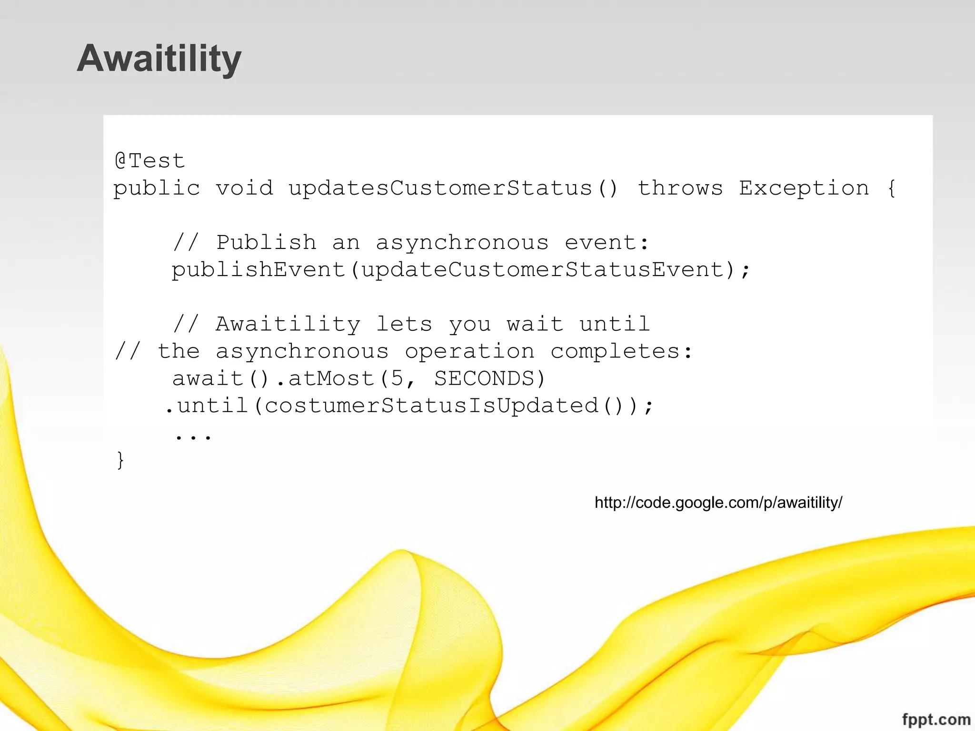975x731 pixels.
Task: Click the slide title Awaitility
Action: tap(159, 59)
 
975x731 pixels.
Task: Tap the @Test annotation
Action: tap(149, 161)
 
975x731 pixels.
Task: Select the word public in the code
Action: tap(157, 188)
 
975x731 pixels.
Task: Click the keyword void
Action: tap(244, 188)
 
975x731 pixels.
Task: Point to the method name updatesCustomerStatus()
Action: tap(452, 188)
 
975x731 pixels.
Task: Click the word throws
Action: tap(680, 188)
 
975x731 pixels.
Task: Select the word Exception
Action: tap(804, 188)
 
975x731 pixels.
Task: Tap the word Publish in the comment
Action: tap(266, 243)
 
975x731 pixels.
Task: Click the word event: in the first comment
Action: tap(607, 243)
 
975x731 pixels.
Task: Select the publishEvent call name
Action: tap(259, 270)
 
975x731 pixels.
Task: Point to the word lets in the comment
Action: tap(404, 325)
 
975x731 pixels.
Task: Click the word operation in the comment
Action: tap(469, 352)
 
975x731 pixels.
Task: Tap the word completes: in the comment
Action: tap(621, 352)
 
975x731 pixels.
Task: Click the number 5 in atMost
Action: tap(397, 379)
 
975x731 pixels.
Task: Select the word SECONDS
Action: tap(484, 379)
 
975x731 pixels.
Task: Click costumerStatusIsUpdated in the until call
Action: tap(431, 406)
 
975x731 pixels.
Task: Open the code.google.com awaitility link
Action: tap(718, 503)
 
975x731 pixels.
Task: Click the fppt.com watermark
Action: tap(936, 719)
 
